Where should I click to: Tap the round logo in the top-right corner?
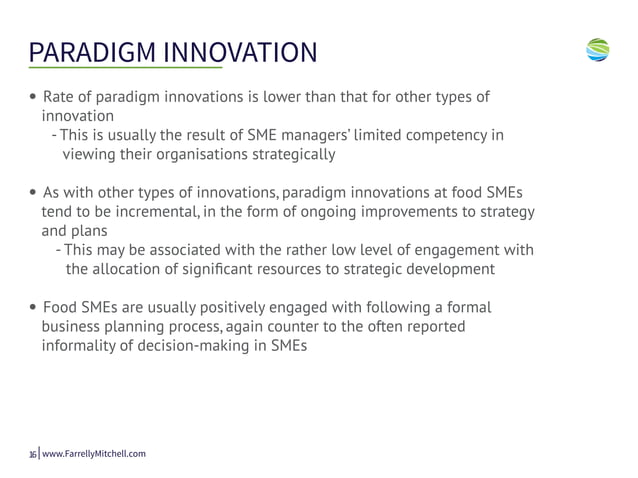point(598,49)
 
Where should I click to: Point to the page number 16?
point(32,454)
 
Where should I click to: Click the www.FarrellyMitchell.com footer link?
point(94,454)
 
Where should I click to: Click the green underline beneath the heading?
point(125,68)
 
